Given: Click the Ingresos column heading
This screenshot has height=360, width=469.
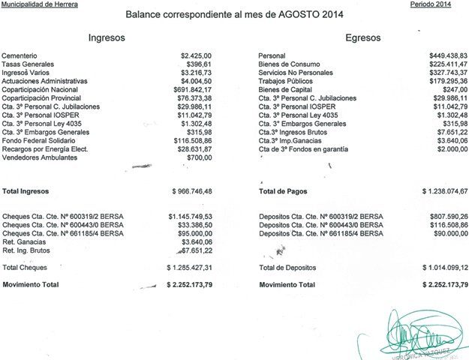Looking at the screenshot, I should [x=107, y=37].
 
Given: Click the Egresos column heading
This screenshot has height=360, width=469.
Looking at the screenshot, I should [x=362, y=37].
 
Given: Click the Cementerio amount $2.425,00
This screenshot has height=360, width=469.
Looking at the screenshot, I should [x=197, y=56].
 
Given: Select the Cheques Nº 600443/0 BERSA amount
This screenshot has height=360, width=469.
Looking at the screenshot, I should [x=194, y=224].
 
